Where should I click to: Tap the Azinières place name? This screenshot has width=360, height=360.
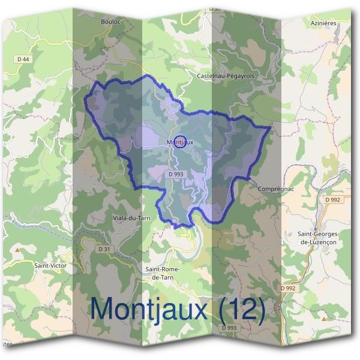point(324,22)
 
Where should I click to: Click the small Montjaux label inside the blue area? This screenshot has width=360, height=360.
point(179,142)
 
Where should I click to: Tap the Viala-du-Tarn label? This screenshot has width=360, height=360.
point(131,218)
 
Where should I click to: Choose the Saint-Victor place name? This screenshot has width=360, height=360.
point(50,264)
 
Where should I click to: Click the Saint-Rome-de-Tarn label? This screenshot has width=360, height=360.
point(163,274)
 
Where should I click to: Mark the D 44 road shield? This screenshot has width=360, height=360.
point(23,58)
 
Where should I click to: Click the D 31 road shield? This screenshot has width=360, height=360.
point(104,248)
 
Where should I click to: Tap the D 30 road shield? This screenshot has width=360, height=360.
point(215,9)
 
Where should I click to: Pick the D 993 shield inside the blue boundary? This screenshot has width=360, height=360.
point(176,174)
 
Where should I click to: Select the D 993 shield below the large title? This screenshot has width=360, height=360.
point(229,328)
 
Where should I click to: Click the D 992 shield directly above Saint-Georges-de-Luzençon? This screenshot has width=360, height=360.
point(332,199)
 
